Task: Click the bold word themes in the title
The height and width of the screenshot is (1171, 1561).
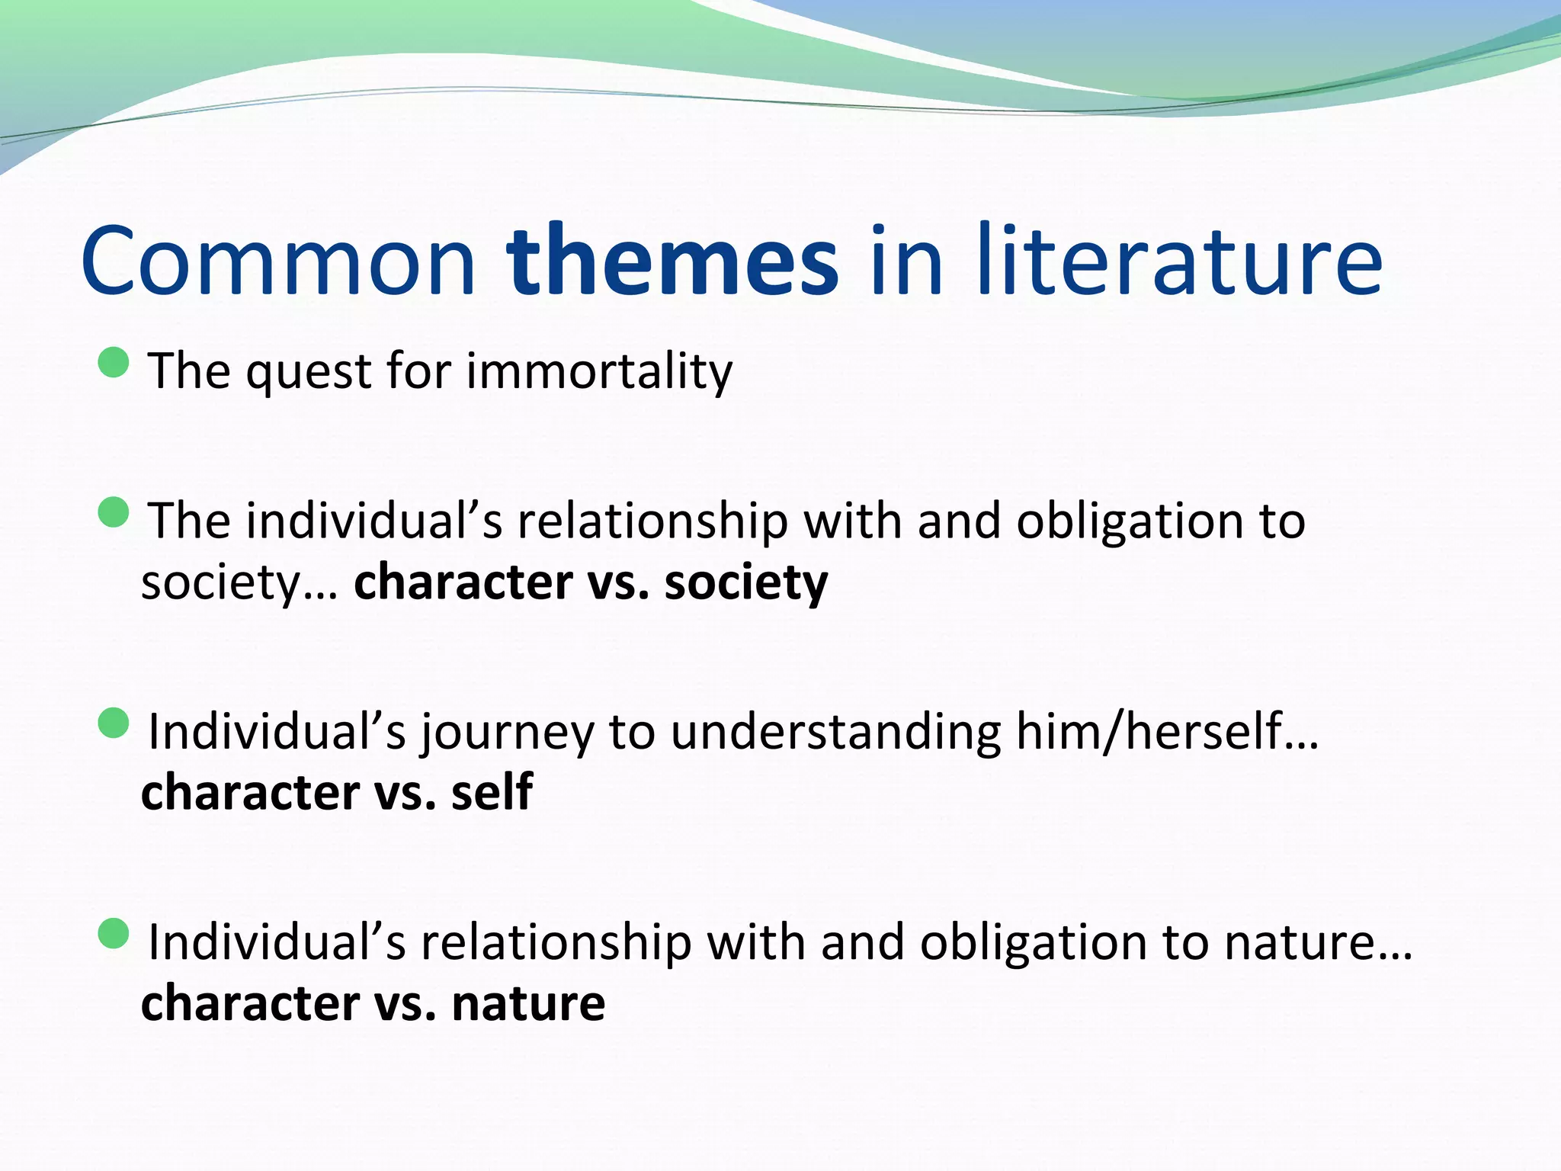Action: [x=672, y=261]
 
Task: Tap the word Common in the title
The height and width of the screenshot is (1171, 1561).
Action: [x=278, y=261]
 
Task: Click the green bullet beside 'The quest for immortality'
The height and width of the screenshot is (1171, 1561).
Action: [x=114, y=362]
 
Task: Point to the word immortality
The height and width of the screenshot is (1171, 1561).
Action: [x=599, y=371]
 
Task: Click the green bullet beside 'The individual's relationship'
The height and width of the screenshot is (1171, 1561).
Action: [x=114, y=512]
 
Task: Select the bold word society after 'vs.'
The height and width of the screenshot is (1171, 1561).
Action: [x=745, y=582]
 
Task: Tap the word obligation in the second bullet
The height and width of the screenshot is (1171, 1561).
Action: [x=1130, y=522]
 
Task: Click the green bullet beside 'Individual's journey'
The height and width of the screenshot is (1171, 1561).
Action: [x=114, y=723]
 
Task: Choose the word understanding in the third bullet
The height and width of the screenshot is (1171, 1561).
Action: [x=835, y=732]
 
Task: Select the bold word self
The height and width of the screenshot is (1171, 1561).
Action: [x=492, y=792]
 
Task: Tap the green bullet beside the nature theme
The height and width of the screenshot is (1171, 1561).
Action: [x=114, y=933]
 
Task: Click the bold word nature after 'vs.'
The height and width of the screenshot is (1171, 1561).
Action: [x=528, y=1003]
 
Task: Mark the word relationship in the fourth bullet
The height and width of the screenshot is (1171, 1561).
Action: [x=556, y=943]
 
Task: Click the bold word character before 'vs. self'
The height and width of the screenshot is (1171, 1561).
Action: [x=250, y=792]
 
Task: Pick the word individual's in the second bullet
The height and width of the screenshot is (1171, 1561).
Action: [x=373, y=522]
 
